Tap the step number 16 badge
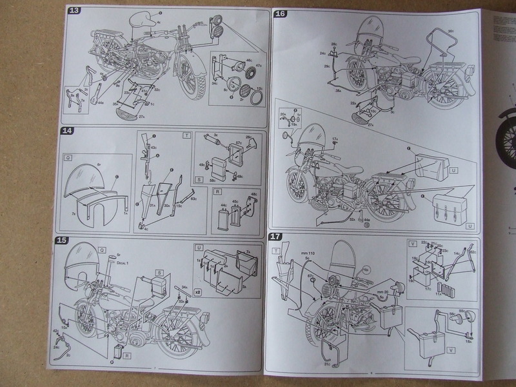[281, 14]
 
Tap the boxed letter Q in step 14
[68, 157]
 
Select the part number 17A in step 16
[335, 139]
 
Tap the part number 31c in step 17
[327, 365]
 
